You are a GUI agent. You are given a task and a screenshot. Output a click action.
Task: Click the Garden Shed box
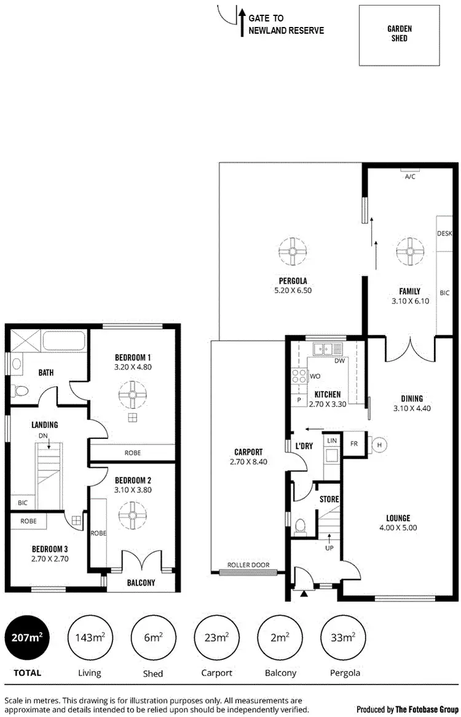pos(399,35)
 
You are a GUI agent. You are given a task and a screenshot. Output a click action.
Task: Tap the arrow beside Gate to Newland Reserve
pos(242,23)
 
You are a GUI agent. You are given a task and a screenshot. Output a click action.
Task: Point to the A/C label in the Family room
pos(410,176)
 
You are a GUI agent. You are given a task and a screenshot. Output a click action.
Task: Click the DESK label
pos(444,234)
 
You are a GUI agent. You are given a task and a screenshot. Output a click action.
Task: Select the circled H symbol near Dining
pos(379,445)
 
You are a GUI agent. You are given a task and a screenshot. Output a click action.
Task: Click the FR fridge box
pos(354,443)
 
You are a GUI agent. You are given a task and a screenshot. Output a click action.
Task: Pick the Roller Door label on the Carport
pos(245,565)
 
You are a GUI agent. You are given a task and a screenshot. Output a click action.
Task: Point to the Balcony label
pos(141,583)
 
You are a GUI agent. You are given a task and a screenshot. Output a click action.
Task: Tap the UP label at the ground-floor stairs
pos(329,548)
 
